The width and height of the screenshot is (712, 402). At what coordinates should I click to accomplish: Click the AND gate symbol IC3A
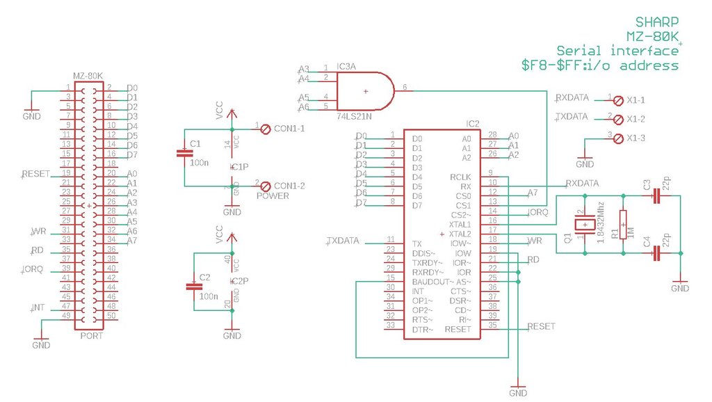click(x=365, y=90)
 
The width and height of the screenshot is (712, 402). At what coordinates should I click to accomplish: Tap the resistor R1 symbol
click(x=623, y=224)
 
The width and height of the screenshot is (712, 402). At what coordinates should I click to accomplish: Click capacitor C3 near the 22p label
click(x=655, y=197)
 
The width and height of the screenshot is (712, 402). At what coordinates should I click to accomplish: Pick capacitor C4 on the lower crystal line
click(x=655, y=255)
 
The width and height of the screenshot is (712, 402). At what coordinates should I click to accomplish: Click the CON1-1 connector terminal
click(x=264, y=129)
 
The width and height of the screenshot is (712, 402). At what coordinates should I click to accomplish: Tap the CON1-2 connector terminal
click(x=264, y=186)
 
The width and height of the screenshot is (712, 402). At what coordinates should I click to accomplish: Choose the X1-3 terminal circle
click(x=617, y=138)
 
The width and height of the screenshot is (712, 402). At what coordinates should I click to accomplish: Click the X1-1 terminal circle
click(x=617, y=100)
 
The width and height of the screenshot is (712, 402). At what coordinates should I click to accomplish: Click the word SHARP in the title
click(x=657, y=22)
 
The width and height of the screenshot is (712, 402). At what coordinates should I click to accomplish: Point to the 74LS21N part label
click(x=354, y=115)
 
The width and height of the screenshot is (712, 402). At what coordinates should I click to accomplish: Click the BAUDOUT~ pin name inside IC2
click(x=431, y=282)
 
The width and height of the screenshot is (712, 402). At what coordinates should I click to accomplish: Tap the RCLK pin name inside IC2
click(x=460, y=177)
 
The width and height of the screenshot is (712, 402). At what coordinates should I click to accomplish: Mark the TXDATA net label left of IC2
click(x=343, y=241)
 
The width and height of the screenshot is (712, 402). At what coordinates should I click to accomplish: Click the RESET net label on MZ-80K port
click(x=35, y=173)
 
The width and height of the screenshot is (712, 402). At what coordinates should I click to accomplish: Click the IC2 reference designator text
click(x=472, y=124)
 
